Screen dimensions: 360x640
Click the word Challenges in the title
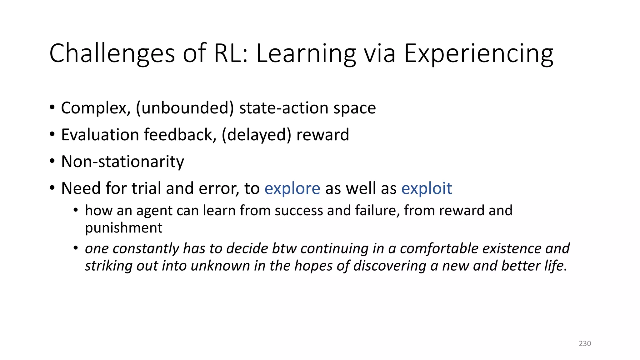point(112,54)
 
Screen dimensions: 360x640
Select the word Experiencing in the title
point(478,54)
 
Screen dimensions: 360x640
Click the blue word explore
point(292,188)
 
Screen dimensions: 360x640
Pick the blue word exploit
point(426,188)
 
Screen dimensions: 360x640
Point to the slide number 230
point(585,343)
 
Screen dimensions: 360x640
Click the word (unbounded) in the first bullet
point(185,108)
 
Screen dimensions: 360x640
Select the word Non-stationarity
point(122,162)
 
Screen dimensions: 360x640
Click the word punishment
point(123,228)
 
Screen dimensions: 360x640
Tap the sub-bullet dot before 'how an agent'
point(76,210)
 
